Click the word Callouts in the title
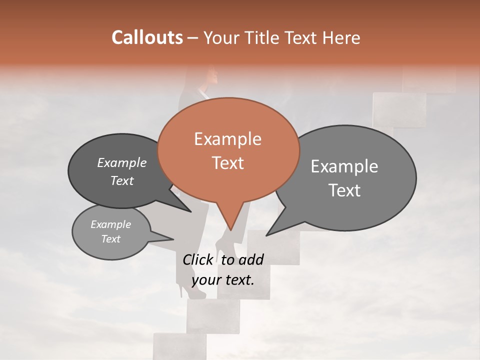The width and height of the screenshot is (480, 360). pos(147,37)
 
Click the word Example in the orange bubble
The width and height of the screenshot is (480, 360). pos(227,139)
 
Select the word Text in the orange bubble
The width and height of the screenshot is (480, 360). pos(228,163)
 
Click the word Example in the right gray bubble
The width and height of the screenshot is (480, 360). pos(344,166)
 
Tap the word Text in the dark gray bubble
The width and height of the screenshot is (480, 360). pos(122,181)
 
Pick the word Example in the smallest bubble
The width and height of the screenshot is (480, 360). pos(110,224)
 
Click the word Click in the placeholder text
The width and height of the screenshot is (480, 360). pos(197,259)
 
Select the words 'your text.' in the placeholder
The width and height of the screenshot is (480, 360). pos(223,280)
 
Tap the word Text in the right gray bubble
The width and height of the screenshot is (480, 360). pos(345,190)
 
